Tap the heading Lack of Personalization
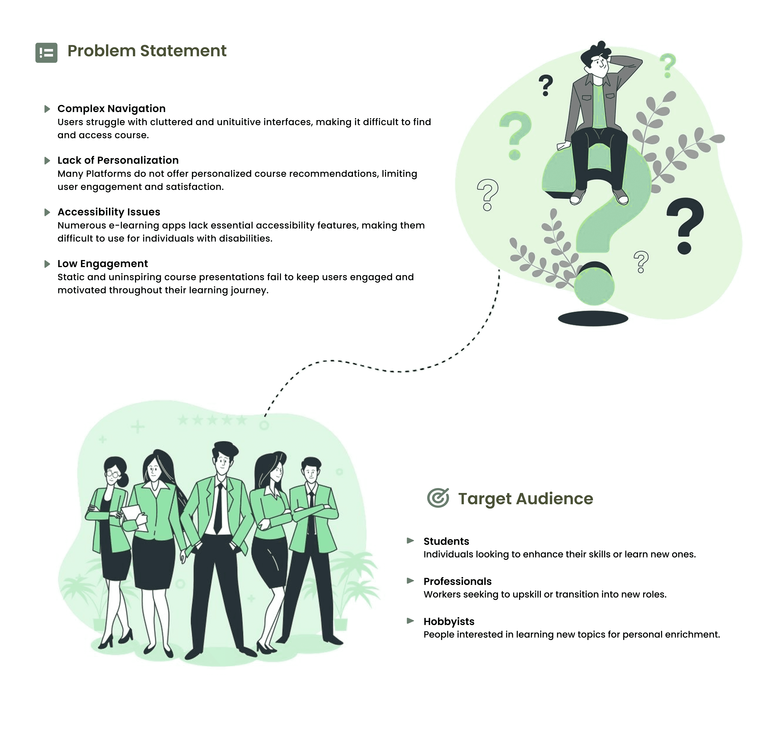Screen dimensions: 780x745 (118, 160)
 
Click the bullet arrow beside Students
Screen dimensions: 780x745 (410, 540)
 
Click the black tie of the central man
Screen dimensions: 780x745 (218, 508)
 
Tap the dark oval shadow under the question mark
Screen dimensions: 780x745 (593, 318)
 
